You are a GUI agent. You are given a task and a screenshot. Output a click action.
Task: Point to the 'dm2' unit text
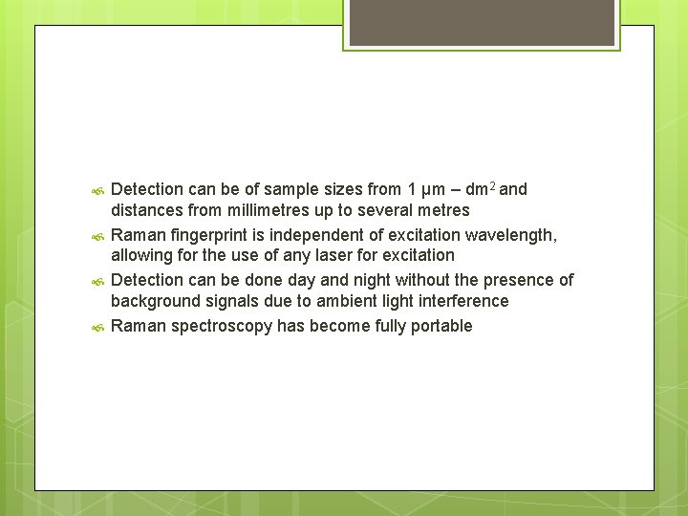479,189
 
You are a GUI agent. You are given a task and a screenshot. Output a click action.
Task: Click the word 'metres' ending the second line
442,210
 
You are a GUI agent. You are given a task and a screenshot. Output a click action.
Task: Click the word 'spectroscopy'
219,326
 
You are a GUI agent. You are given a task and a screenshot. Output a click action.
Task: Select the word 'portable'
441,326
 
